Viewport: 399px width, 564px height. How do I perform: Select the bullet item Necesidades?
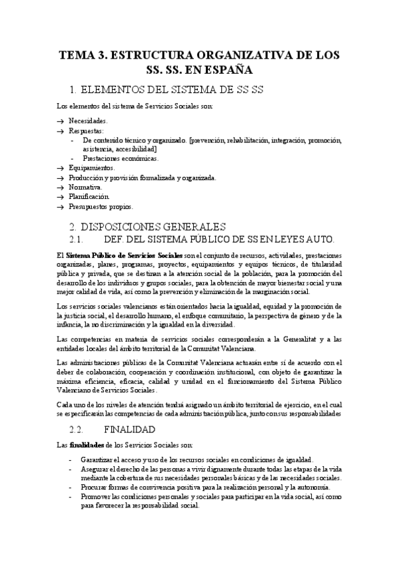coord(88,121)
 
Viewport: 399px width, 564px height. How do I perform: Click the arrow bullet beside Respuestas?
coord(60,131)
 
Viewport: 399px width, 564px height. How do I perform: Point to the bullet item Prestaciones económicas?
coord(121,159)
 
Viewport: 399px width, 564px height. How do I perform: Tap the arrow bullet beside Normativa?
coord(60,188)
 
